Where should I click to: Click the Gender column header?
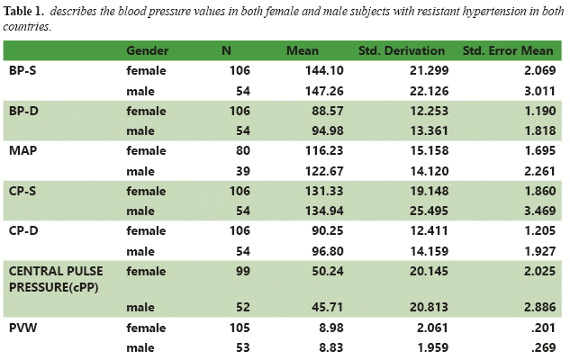point(149,50)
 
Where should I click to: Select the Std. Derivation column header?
point(402,50)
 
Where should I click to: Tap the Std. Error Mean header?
point(511,50)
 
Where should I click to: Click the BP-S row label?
point(23,70)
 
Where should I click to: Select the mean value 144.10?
point(303,70)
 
